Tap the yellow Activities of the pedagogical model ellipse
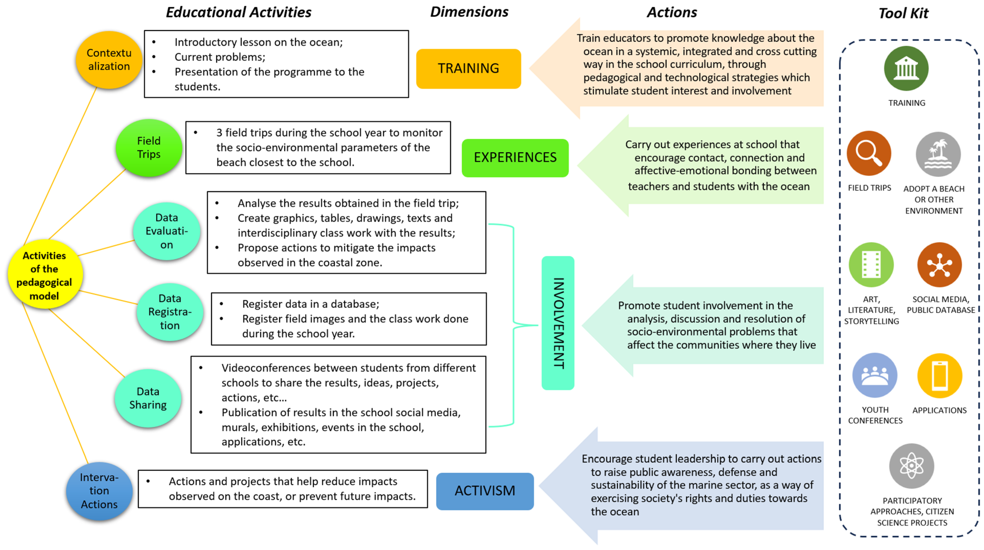tap(45, 275)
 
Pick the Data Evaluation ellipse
tap(167, 231)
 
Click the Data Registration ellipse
tap(170, 312)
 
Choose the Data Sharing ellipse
tap(148, 398)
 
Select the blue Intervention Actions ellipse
tap(99, 491)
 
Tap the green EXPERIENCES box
tap(515, 158)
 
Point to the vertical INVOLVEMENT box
tap(558, 323)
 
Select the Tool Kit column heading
tap(903, 13)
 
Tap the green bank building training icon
tap(906, 69)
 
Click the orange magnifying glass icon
tap(869, 154)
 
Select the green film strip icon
tap(871, 265)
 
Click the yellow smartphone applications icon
tap(940, 376)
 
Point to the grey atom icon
tap(912, 466)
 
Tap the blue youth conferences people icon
tap(875, 375)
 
